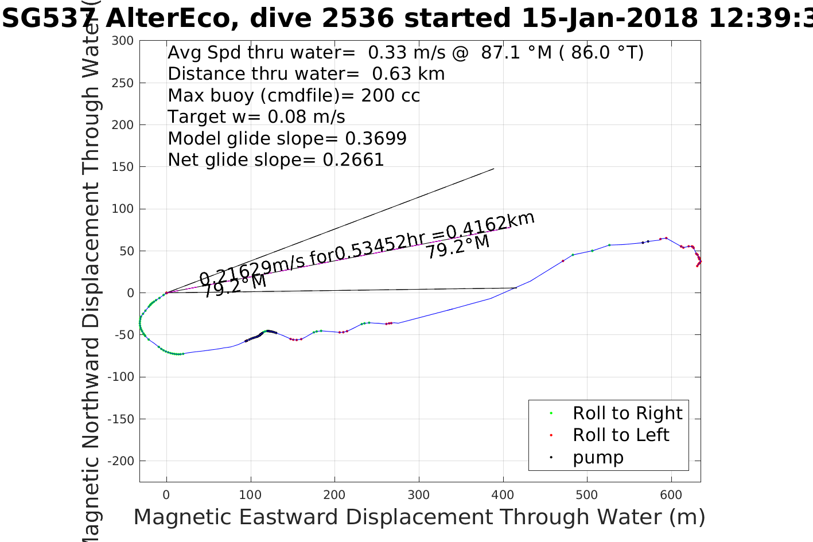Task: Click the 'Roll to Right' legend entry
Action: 627,413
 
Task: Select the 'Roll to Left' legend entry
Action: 621,435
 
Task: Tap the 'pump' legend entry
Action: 598,457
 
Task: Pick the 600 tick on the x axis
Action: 671,495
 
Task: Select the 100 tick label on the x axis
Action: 250,495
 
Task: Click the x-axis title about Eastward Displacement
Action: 419,517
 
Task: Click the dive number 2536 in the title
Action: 357,18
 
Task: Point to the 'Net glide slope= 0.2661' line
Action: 276,159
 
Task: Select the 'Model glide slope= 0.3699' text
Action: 287,138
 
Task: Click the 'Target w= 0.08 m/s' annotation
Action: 256,117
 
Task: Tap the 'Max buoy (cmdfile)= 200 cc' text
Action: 294,95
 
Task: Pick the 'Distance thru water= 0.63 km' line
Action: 306,74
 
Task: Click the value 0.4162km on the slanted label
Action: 491,224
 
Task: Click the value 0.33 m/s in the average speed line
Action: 406,53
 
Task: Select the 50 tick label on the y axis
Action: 127,251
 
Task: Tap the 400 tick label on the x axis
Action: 503,495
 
